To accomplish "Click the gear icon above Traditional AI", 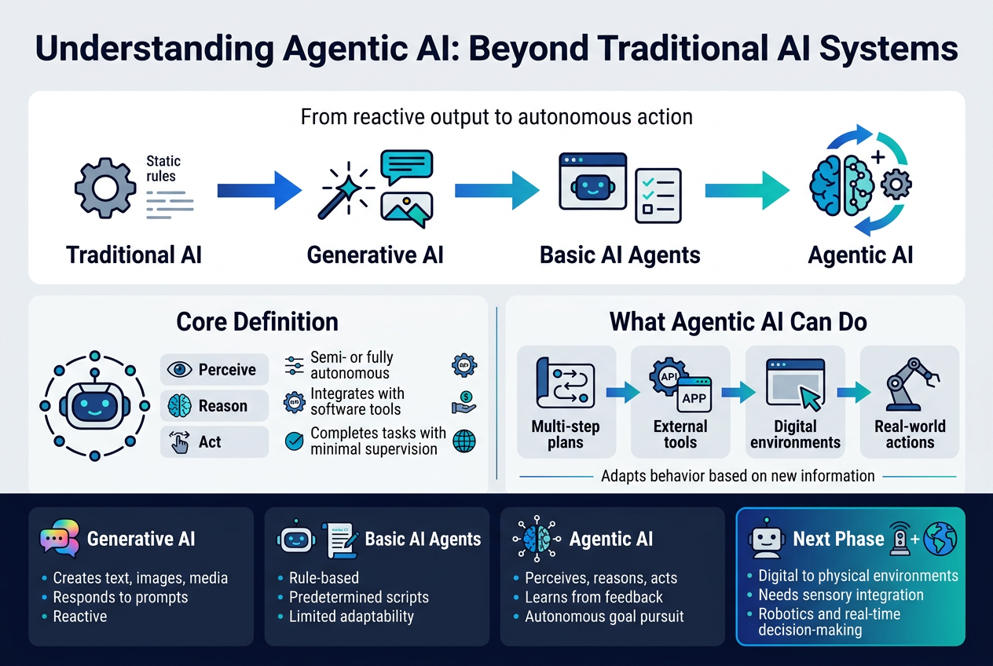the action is (105, 188).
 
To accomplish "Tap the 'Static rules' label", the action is (163, 168).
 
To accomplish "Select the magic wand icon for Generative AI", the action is (346, 191).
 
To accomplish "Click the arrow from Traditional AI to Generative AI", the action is (259, 191).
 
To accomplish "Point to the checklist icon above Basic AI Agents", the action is (658, 196).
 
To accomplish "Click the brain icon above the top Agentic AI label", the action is (841, 186).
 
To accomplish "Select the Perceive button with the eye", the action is (214, 369).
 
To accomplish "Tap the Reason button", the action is (214, 405).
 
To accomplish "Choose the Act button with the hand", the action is (214, 442).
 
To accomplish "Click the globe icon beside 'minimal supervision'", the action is (464, 441).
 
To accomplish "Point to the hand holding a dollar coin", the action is (464, 403).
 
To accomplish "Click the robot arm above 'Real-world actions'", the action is (911, 384).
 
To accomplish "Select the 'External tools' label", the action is (680, 434).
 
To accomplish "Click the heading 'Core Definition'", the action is (257, 322).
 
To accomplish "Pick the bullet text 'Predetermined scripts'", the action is (359, 597).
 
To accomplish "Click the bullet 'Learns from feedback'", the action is (594, 597).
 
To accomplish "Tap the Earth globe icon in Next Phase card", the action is (940, 539).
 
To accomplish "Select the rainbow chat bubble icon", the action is (60, 538).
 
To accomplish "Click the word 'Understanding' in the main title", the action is (155, 48).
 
